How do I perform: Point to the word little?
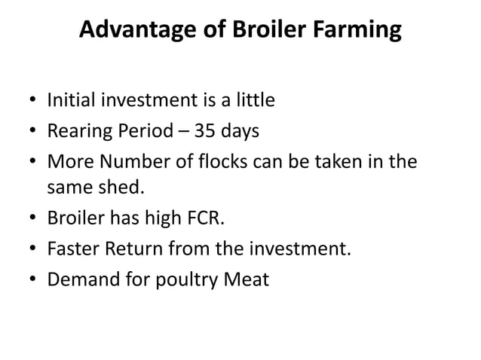pyautogui.click(x=253, y=99)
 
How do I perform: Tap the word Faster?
pyautogui.click(x=73, y=252)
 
